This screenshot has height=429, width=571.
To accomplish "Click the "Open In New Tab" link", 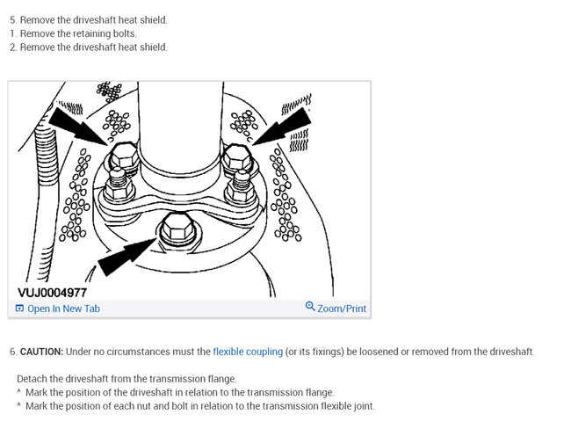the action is [63, 309].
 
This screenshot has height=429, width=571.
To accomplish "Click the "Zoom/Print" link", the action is [342, 309].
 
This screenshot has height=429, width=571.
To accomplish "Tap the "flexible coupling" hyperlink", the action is [248, 352].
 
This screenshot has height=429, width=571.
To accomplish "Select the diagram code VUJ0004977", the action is [52, 293].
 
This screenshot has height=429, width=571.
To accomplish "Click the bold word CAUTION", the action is [41, 352].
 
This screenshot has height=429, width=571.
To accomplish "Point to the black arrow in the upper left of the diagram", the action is [77, 127].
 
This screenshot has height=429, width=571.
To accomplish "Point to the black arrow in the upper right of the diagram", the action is [282, 127].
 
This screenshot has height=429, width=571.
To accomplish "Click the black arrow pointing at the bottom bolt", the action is [127, 256].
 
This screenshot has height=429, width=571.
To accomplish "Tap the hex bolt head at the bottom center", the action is [178, 229].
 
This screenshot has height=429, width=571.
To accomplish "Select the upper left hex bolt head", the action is [124, 156].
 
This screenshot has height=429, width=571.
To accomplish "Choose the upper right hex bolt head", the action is [237, 157].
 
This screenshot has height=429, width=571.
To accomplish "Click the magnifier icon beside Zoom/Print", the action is [310, 306].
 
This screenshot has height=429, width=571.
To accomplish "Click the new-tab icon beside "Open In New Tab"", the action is [19, 309].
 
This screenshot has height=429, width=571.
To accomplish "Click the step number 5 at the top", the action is [13, 20].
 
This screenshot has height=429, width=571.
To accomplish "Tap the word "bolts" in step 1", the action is [124, 33].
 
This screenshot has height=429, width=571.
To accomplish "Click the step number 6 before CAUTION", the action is [13, 353].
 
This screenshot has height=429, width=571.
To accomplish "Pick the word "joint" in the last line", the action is [365, 406].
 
